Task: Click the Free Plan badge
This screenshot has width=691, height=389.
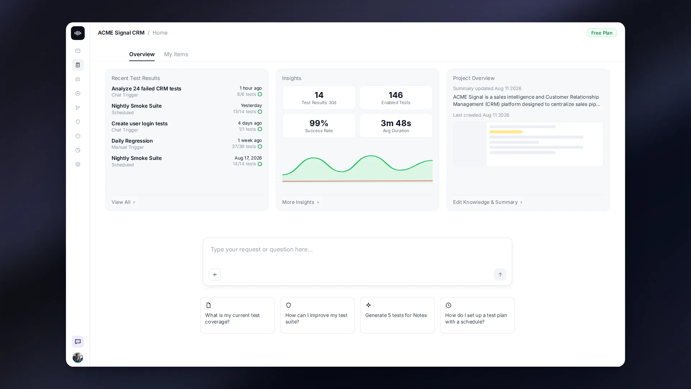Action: pos(602,33)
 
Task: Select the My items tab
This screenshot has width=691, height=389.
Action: pos(176,54)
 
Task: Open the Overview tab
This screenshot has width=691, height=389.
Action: pos(142,54)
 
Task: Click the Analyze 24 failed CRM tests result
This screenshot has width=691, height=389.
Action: pos(146,89)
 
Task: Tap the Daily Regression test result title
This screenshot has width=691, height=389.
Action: pos(132,141)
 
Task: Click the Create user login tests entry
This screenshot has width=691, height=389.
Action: pos(140,124)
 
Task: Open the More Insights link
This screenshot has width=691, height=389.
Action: pos(301,202)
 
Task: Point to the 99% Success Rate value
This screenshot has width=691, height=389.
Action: pos(319,123)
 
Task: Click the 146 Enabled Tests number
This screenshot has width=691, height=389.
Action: pos(396,95)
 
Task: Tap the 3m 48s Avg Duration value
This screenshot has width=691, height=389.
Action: pos(396,123)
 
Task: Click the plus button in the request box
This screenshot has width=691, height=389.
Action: pos(215,274)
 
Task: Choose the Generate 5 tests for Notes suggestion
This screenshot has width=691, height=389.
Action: pos(397,315)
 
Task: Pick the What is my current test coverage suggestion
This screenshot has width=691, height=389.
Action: pos(238,315)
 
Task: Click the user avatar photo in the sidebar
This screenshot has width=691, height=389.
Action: pos(78,357)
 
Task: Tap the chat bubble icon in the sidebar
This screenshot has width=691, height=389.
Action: pos(78,342)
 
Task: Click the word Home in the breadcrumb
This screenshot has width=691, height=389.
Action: pos(160,33)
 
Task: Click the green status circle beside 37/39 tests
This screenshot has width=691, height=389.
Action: pos(260,147)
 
